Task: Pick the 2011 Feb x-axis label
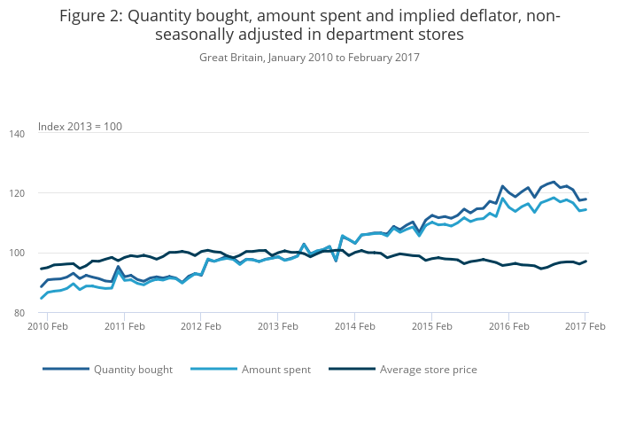[x=125, y=326]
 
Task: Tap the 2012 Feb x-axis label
[x=201, y=326]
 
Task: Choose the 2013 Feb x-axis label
[x=278, y=326]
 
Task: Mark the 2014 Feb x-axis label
[x=355, y=326]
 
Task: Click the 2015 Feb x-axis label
[x=432, y=326]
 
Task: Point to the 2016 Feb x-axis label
[x=508, y=326]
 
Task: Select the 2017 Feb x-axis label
[x=585, y=326]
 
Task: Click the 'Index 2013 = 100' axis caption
[x=80, y=127]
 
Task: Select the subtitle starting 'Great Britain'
[x=309, y=57]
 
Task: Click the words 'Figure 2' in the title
[x=92, y=16]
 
